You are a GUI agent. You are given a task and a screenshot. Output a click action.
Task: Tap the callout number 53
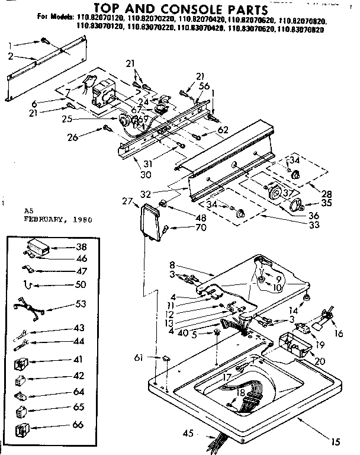click(x=80, y=304)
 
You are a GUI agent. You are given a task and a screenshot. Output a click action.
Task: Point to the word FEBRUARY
click(x=43, y=219)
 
